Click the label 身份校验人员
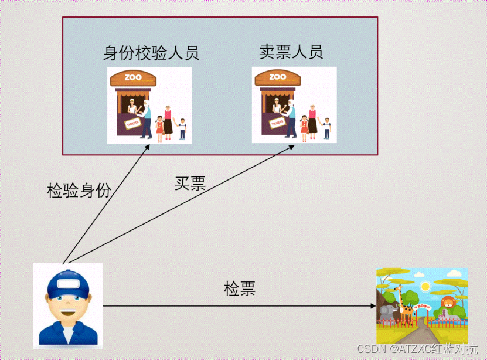pyautogui.click(x=151, y=53)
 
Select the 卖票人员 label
pyautogui.click(x=291, y=52)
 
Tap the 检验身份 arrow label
pyautogui.click(x=79, y=191)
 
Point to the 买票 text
pyautogui.click(x=190, y=184)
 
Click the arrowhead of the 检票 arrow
pyautogui.click(x=373, y=306)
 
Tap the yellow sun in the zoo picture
pyautogui.click(x=425, y=286)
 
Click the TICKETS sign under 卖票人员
pyautogui.click(x=276, y=123)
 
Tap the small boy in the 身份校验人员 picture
pyautogui.click(x=182, y=128)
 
